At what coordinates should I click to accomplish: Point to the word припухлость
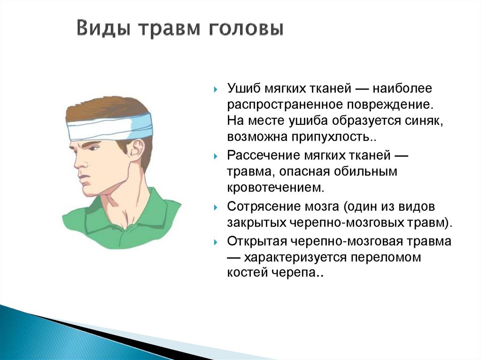coord(333,137)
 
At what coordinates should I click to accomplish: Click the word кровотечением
coord(275,187)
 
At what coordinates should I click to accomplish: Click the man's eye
coord(93,148)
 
